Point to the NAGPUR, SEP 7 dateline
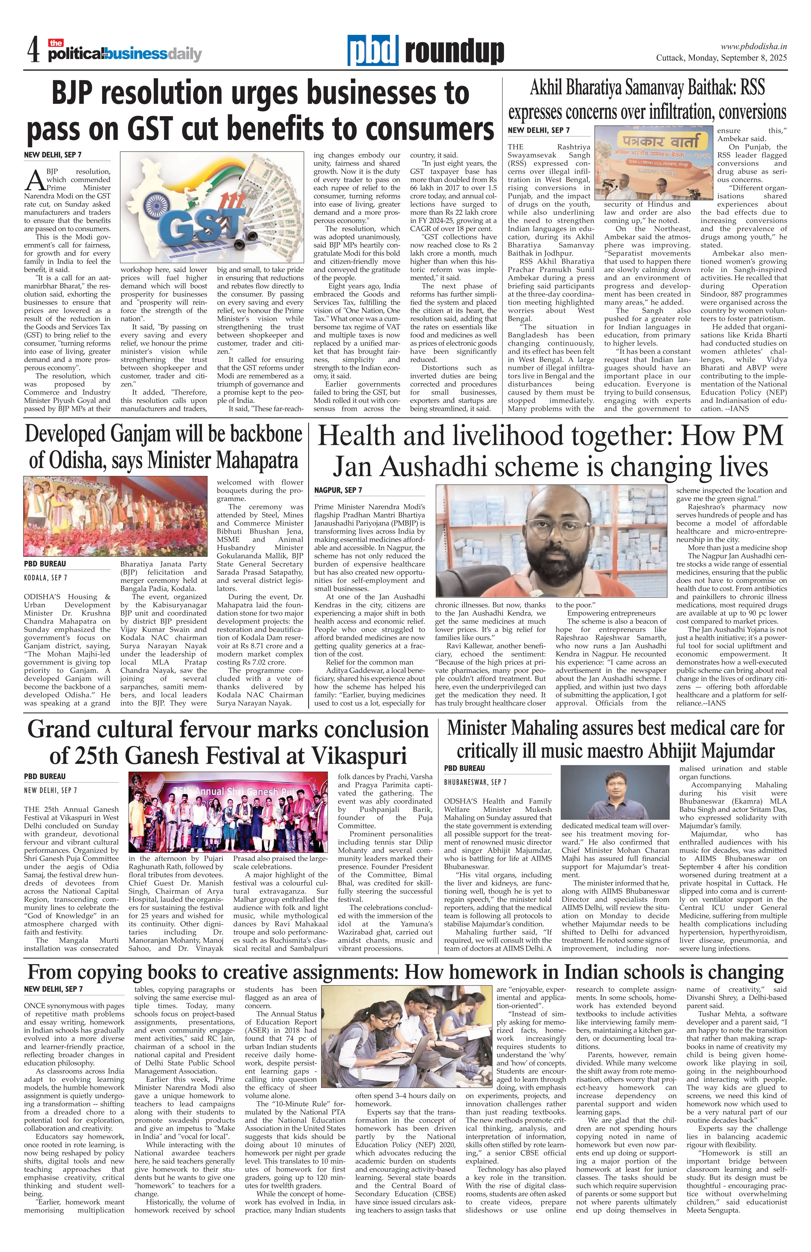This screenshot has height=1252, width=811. [338, 490]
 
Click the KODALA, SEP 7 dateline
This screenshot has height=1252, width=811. [46, 578]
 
